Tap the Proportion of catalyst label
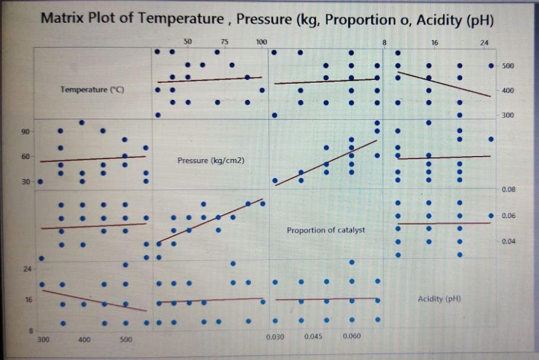pos(326,230)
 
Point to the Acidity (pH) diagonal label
pos(439,299)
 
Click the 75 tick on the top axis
pos(225,42)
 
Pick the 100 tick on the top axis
pos(261,42)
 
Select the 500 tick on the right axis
pos(508,66)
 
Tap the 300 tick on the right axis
pos(508,115)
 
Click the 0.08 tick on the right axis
pos(508,190)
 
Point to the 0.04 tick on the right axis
pos(508,242)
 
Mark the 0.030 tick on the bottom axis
pos(275,336)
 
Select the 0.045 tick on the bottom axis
pos(313,336)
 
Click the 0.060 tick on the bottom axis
pos(352,336)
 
